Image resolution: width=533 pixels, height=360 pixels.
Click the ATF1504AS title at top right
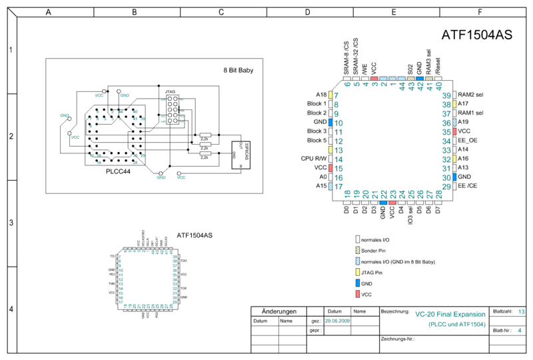pos(476,35)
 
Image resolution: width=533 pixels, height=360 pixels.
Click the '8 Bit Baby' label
pos(238,69)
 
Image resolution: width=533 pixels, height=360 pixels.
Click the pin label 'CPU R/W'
pos(312,159)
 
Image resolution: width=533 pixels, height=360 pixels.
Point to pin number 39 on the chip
pos(446,96)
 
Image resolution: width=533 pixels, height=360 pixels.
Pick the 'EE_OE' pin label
pos(468,141)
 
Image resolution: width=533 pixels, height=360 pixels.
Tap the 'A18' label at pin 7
pos(321,95)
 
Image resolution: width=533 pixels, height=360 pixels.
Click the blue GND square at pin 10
pos(330,123)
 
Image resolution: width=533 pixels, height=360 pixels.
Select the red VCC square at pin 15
pos(330,168)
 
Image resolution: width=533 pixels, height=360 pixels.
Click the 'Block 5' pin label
pos(316,141)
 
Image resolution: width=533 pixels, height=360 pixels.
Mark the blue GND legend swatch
pos(358,283)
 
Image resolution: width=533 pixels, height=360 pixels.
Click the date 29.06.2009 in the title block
pos(337,321)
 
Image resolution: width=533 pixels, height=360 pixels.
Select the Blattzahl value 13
pos(521,311)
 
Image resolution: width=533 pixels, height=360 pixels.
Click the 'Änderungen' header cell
pos(278,311)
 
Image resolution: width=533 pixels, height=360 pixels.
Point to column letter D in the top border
pos(306,12)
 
